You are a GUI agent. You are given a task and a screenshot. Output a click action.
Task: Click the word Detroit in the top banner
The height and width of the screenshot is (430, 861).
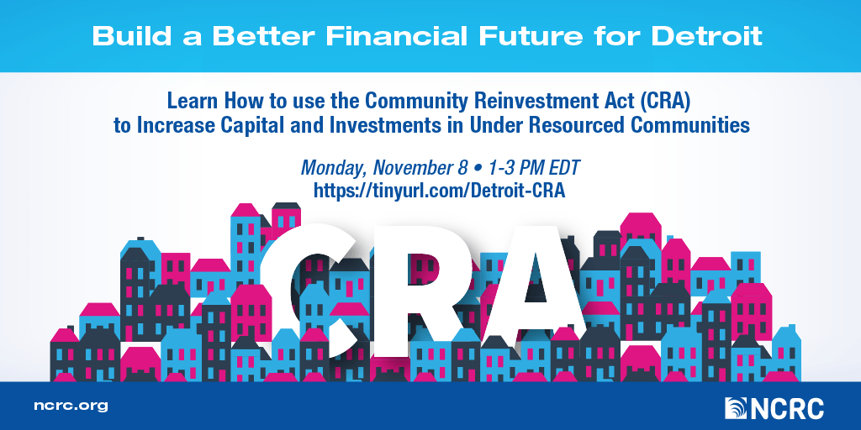pos(706,36)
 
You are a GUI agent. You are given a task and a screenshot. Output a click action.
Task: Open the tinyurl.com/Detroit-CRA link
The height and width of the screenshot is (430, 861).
pos(439,190)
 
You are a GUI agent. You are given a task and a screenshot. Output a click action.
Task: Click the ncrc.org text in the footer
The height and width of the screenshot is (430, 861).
pos(71,407)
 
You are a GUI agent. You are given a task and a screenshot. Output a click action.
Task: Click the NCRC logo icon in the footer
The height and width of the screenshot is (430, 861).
pos(735,409)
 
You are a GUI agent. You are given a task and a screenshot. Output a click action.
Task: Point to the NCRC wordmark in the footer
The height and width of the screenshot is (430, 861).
pos(786,409)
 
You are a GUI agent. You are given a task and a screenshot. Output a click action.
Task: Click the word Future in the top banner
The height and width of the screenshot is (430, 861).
pos(531,36)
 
